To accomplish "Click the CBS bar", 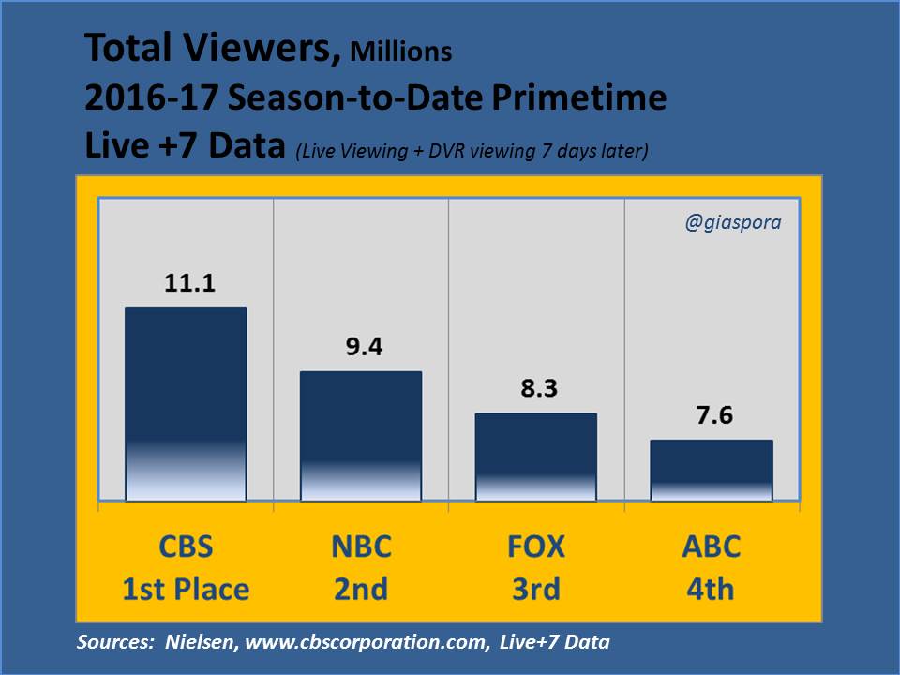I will pyautogui.click(x=186, y=403).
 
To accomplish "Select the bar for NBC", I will pyautogui.click(x=361, y=436).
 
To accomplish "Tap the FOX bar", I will pyautogui.click(x=536, y=457).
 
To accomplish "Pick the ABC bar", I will pyautogui.click(x=712, y=470).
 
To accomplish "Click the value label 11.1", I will pyautogui.click(x=186, y=283).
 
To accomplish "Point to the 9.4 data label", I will pyautogui.click(x=361, y=347).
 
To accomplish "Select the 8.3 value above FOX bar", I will pyautogui.click(x=536, y=388).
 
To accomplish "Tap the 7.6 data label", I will pyautogui.click(x=712, y=415).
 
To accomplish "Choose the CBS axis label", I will pyautogui.click(x=186, y=547).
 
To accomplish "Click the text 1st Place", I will pyautogui.click(x=186, y=589).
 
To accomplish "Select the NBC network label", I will pyautogui.click(x=361, y=547).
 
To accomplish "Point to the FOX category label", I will pyautogui.click(x=536, y=547).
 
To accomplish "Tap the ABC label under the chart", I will pyautogui.click(x=712, y=547).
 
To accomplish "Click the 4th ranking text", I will pyautogui.click(x=712, y=589).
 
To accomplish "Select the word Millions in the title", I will pyautogui.click(x=400, y=52).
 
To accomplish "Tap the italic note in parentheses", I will pyautogui.click(x=472, y=150).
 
